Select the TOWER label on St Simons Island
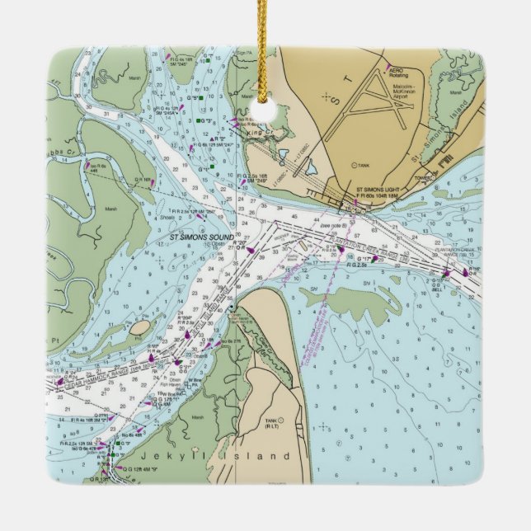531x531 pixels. (424, 176)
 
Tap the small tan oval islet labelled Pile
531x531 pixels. (139, 328)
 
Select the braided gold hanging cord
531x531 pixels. (265, 41)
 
